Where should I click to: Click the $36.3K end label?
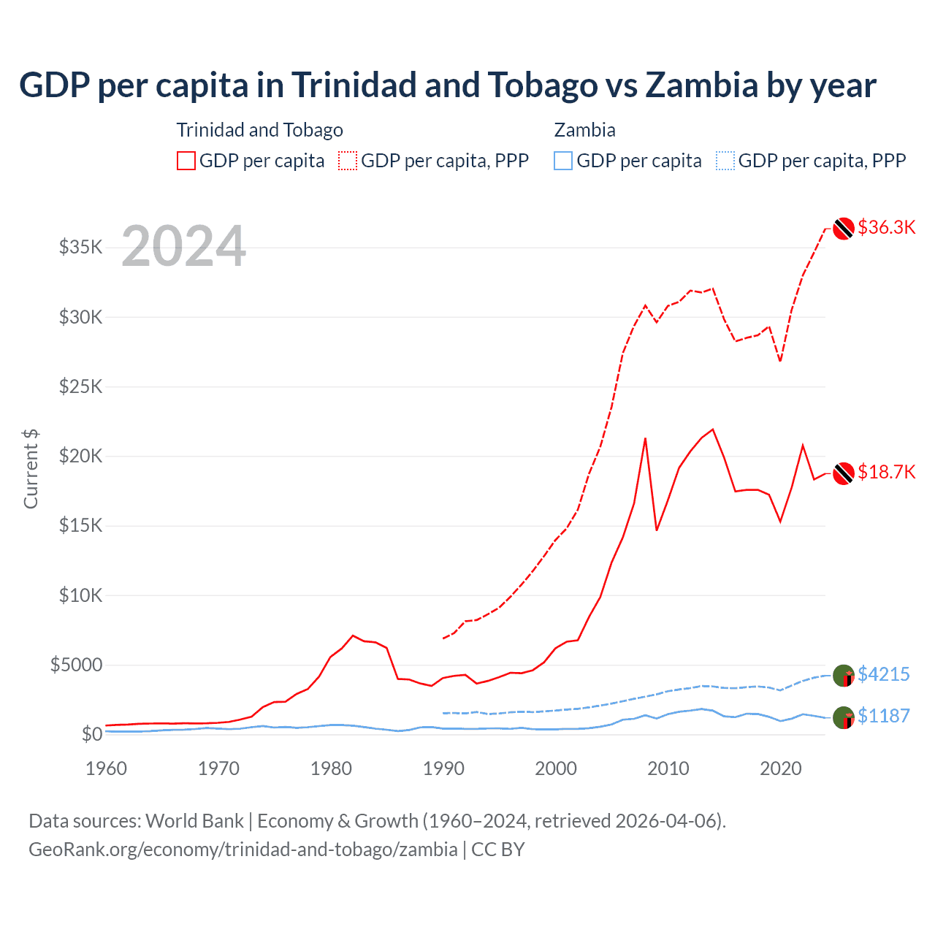coord(886,227)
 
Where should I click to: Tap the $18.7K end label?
coord(886,472)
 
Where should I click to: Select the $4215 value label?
coord(883,673)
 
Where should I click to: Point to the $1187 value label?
coord(883,716)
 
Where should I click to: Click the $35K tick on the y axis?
coord(80,247)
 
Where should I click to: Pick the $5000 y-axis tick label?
coord(76,665)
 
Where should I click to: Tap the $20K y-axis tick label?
coord(80,456)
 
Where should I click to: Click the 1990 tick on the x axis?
coord(443,768)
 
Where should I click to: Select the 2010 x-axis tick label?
coord(668,768)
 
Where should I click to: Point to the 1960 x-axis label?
coord(106,768)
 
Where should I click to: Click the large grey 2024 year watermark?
coord(183,246)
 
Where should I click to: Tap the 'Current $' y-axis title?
coord(31,469)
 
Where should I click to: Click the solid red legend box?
coord(186,161)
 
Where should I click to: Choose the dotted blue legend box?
coord(725,161)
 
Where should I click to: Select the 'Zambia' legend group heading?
coord(584,130)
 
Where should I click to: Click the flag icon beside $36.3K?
coord(844,229)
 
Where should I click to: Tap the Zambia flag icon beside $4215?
coord(844,676)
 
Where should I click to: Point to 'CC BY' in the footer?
coord(497,850)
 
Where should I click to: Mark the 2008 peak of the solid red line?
coord(645,438)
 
